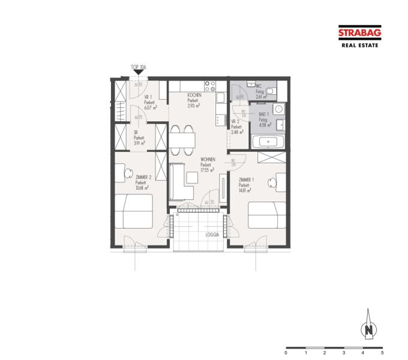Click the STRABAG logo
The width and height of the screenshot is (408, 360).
[x=359, y=34]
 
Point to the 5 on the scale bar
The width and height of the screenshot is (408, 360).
[x=382, y=353]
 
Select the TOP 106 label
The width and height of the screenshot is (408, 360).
[x=139, y=67]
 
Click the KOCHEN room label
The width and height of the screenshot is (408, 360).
[x=194, y=96]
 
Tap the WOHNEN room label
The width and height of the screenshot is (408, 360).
[x=207, y=160]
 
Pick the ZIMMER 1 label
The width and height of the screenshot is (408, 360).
[x=247, y=180]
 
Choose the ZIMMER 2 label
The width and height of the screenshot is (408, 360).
[x=143, y=178]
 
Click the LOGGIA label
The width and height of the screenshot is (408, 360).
[x=212, y=235]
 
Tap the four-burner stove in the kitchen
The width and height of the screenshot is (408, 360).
[x=209, y=86]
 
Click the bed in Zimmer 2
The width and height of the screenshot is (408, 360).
[x=134, y=211]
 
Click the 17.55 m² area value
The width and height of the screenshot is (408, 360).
[x=207, y=170]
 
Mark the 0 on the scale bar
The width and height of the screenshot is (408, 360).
[x=286, y=353]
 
